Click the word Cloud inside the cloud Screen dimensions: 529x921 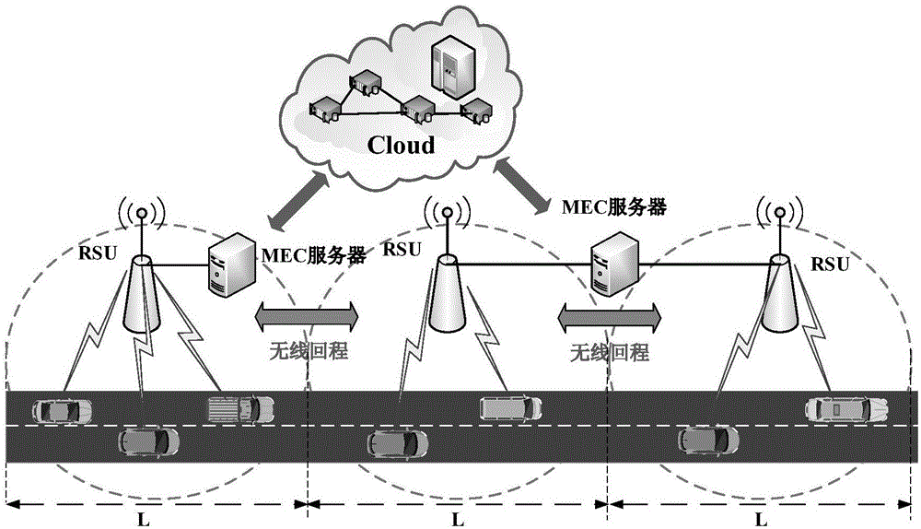point(402,145)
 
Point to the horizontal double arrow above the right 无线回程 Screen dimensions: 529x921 point(608,318)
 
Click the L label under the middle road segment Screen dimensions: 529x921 point(457,519)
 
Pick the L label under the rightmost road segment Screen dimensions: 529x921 point(760,519)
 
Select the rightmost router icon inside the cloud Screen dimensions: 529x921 point(476,113)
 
